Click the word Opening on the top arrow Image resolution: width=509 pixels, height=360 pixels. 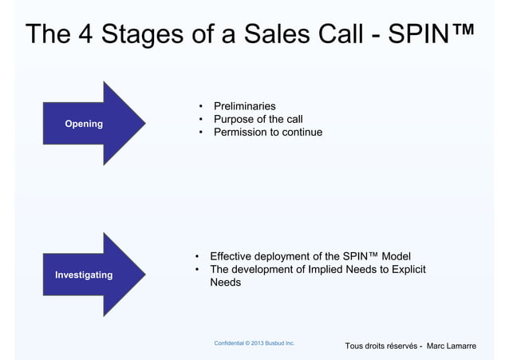(x=84, y=124)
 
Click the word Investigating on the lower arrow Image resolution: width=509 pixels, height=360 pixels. (x=84, y=275)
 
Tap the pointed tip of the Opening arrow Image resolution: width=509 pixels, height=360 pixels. (x=145, y=123)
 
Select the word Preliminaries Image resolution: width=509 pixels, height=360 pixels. (x=239, y=106)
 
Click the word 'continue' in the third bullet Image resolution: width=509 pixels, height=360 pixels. (x=300, y=132)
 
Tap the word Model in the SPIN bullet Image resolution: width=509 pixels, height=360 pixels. (x=396, y=256)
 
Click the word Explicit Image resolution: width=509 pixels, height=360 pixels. (x=405, y=270)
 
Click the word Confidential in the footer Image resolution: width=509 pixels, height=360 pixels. (x=231, y=343)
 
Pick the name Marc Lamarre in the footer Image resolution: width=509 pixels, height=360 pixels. (x=452, y=346)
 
